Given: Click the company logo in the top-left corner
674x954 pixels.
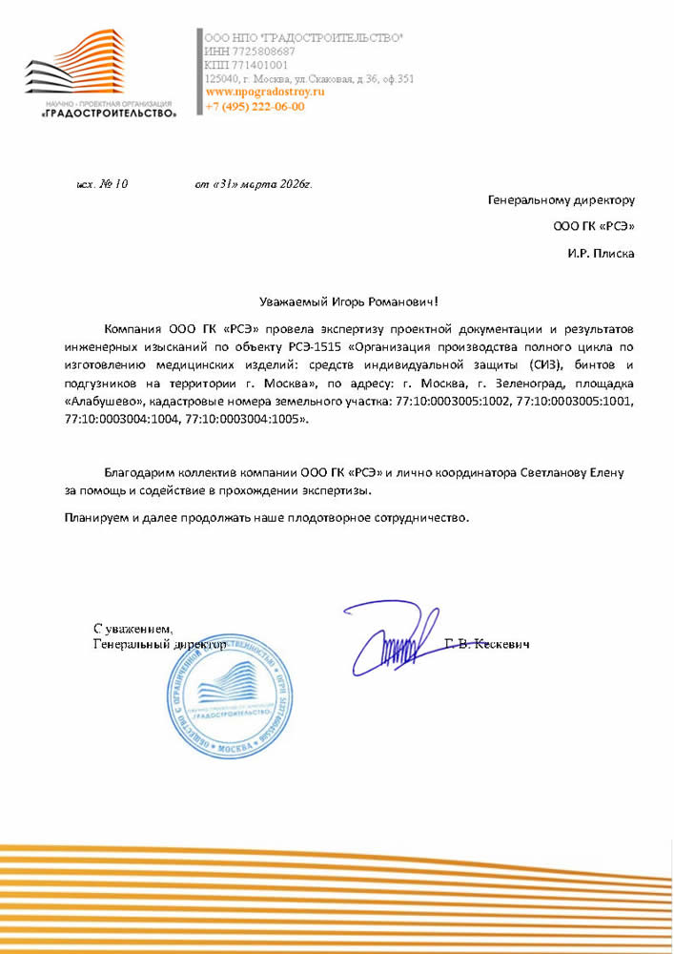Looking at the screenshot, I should coord(101,73).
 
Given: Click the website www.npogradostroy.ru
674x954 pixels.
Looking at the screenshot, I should coord(265,93).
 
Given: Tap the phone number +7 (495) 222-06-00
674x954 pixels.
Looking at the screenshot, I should coord(255,107).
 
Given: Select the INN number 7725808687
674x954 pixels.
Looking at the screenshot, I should coord(264,51).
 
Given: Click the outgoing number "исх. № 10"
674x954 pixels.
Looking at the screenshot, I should coord(102,184).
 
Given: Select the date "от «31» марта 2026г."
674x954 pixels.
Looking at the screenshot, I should coord(253,184).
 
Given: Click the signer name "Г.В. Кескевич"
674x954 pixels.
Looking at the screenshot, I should coord(487,644).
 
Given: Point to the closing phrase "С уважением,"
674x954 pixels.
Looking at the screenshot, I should coord(133,630).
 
